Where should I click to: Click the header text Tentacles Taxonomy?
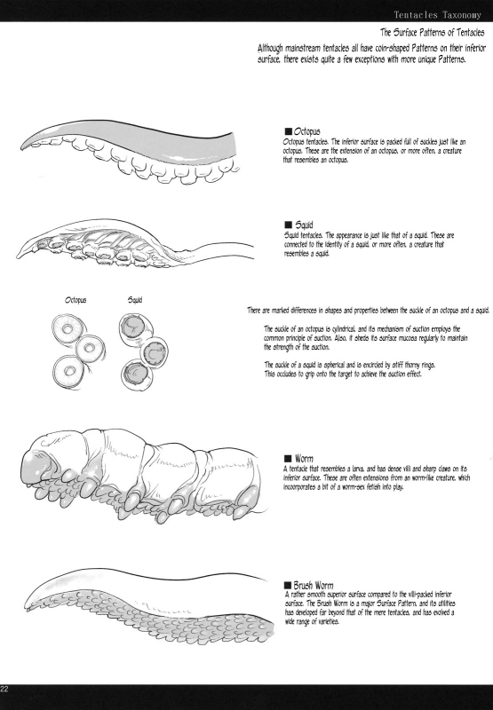tap(437, 14)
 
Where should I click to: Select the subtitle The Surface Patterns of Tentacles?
tap(433, 32)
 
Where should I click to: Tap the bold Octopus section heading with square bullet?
tap(302, 131)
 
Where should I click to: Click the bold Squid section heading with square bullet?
tap(298, 225)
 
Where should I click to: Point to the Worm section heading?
tap(298, 458)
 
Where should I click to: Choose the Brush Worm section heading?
tap(308, 585)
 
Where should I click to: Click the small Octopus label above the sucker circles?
tap(76, 300)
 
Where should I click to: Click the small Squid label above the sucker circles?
tap(135, 300)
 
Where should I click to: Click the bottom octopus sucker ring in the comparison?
tap(69, 371)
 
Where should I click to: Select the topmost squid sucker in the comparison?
tap(135, 326)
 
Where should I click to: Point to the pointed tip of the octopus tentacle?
tap(21, 147)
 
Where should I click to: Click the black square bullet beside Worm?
tap(287, 458)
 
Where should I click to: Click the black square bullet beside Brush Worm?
tap(287, 585)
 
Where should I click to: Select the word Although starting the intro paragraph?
tap(271, 48)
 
